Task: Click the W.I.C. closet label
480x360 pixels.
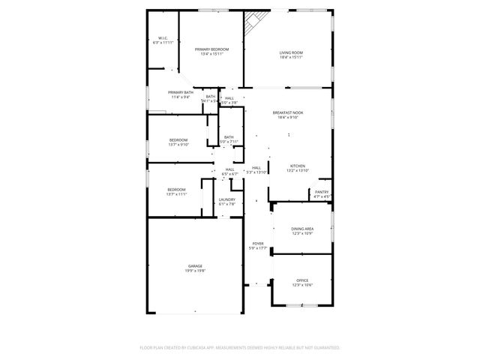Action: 163,38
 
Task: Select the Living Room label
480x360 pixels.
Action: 291,52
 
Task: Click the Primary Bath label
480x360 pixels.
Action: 180,92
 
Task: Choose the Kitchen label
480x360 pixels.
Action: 298,166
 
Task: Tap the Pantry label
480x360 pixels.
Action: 322,192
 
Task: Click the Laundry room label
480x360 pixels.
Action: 227,199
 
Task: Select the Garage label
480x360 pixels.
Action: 195,265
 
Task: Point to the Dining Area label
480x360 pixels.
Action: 302,229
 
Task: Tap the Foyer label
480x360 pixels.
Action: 257,244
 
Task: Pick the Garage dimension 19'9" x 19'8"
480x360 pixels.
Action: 195,271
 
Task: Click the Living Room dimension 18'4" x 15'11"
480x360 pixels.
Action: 291,58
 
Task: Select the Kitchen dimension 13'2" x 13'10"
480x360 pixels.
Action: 298,171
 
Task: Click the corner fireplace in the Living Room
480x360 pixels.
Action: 253,20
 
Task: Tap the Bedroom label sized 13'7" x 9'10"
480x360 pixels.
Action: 178,140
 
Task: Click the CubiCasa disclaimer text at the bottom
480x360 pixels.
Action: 240,348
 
